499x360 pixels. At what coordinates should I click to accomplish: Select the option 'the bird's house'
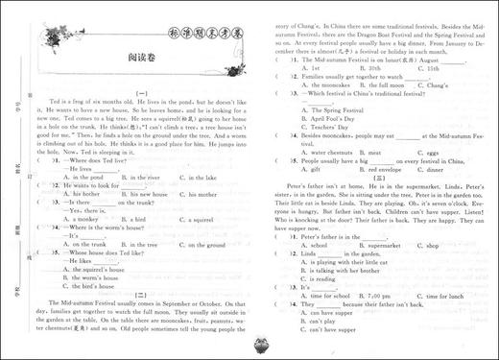click(101, 286)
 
